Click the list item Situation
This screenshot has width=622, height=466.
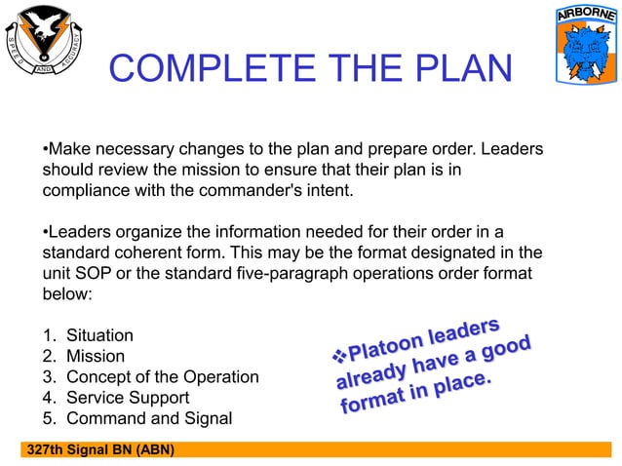(97, 335)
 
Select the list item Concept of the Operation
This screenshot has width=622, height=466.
(162, 376)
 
